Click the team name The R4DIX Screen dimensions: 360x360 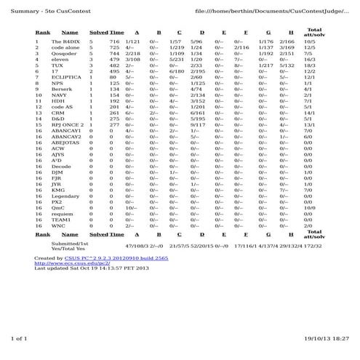64,43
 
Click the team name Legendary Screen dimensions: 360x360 65,196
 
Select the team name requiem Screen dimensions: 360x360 63,214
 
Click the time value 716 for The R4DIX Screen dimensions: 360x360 114,43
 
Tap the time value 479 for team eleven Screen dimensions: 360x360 114,59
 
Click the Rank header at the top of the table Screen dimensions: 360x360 43,32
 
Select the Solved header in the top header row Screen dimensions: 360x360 97,32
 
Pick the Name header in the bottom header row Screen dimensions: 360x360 70,235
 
